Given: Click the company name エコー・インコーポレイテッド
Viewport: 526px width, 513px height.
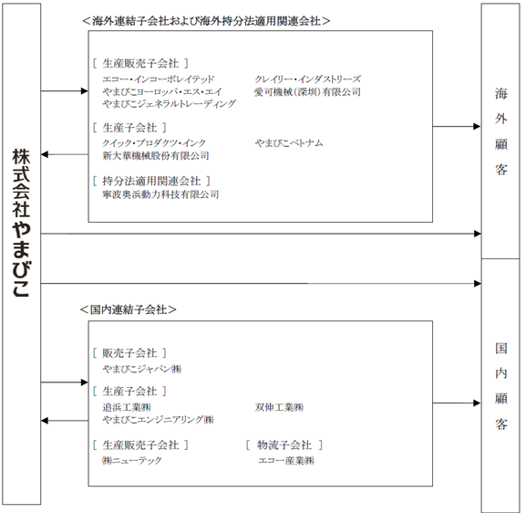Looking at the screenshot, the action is (x=158, y=79).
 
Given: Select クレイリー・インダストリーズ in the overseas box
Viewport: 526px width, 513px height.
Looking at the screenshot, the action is (x=307, y=79).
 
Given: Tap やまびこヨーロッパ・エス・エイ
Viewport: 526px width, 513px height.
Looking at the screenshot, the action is (x=162, y=91).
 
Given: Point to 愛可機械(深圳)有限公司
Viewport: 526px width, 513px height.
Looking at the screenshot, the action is (x=307, y=91).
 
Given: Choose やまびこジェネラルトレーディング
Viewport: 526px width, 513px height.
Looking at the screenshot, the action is (x=169, y=104).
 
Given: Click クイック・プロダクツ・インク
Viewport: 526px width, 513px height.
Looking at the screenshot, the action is (x=154, y=143).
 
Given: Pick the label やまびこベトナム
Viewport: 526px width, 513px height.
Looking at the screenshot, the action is (x=289, y=143).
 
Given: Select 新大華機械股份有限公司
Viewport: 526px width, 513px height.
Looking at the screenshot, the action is (x=156, y=155).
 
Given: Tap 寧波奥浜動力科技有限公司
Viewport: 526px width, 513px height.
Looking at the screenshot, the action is (x=160, y=194).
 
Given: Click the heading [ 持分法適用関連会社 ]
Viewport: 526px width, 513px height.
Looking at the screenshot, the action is (x=151, y=181).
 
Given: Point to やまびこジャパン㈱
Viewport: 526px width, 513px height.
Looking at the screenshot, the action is (x=142, y=369).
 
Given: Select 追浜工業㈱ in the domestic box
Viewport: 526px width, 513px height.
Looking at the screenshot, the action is (x=127, y=407).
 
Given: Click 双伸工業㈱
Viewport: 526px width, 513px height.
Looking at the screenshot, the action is (x=279, y=407).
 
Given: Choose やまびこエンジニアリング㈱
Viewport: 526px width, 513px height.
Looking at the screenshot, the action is (x=158, y=420).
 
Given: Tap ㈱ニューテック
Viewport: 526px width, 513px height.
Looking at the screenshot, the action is (x=132, y=460).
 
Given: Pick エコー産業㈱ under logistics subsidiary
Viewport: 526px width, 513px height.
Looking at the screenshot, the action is (x=286, y=460).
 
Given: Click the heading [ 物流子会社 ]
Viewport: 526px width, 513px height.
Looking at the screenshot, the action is (x=284, y=445).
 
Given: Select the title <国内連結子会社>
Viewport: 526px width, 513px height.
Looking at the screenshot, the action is (x=129, y=309).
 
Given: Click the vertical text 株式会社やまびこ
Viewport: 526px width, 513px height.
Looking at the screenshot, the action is (x=21, y=223).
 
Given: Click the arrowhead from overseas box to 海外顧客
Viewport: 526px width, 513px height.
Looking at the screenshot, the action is (x=477, y=127).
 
